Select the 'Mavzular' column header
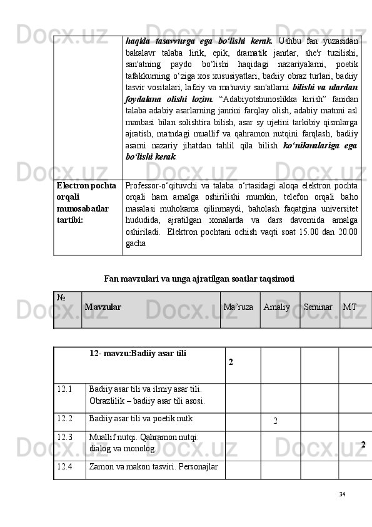pyautogui.click(x=103, y=307)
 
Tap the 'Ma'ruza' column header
pyautogui.click(x=238, y=307)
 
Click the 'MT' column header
pyautogui.click(x=349, y=307)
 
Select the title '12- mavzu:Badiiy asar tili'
pyautogui.click(x=138, y=353)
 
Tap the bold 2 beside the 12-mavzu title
pyautogui.click(x=231, y=362)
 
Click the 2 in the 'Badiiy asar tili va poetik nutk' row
pyautogui.click(x=276, y=419)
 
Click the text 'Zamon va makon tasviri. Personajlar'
pyautogui.click(x=153, y=466)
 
